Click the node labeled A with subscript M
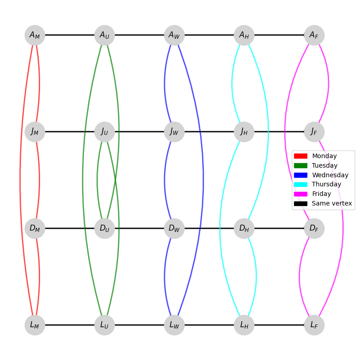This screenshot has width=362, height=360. pos(35,35)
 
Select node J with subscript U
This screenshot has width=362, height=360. pos(104,132)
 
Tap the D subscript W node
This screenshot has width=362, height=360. pos(174,228)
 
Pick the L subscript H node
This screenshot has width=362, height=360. pos(244,325)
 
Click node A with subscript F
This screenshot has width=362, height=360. pos(314,35)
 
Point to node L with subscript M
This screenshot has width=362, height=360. pos(35,325)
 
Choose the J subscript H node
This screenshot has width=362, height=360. pos(244,132)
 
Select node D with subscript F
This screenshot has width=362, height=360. pos(314,228)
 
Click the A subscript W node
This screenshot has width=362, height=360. pos(174,35)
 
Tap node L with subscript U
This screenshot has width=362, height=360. pos(104,325)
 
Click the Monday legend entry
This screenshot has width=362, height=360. pos(324,156)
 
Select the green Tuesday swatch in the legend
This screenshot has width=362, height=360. pos(300,166)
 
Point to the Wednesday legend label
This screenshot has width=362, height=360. pos(330,175)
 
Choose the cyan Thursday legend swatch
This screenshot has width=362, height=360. pos(300,185)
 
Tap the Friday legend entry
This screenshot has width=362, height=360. pos(321,194)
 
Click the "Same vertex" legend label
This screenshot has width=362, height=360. pos(332,204)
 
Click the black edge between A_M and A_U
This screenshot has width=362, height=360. pos(70,35)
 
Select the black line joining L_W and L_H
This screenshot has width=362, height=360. pos(209,325)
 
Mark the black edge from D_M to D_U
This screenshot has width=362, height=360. pos(70,228)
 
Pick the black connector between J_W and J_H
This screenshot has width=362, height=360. pos(209,132)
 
